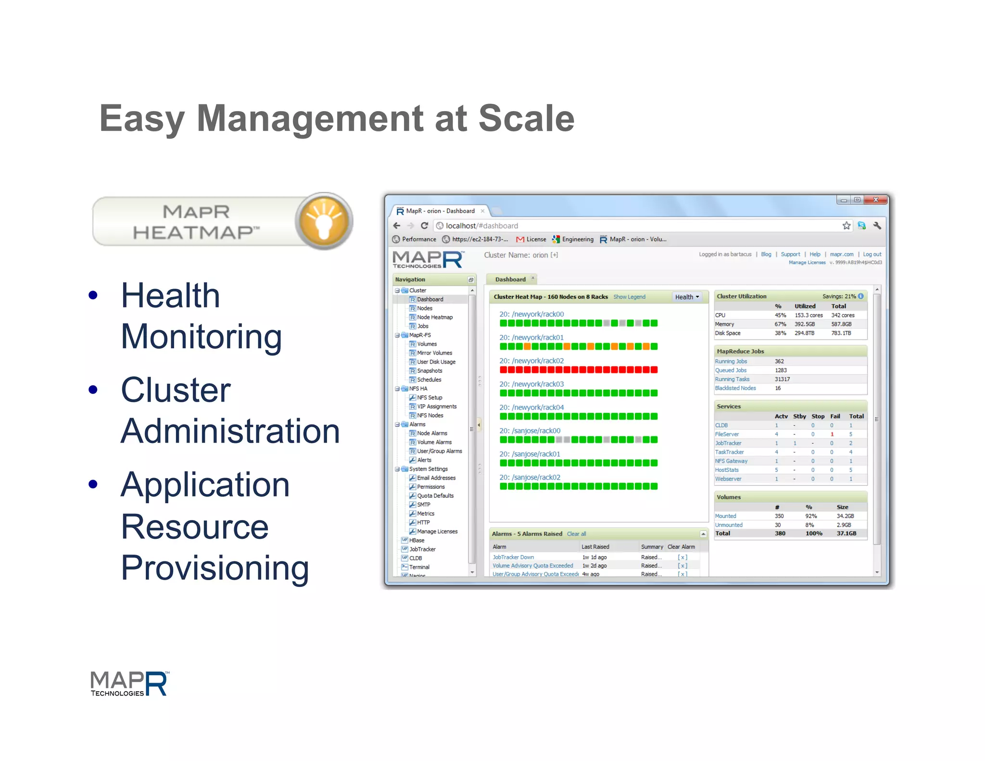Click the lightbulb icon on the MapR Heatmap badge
coord(324,221)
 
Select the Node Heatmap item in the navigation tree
coord(434,317)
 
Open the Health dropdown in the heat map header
coord(687,297)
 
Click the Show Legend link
coord(629,297)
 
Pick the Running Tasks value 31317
coord(782,379)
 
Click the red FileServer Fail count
coord(832,434)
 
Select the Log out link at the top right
coord(871,254)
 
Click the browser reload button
coord(424,226)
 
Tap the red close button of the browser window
coord(875,200)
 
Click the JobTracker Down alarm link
coord(513,557)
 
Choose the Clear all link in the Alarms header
coord(576,534)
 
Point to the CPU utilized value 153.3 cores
coord(808,315)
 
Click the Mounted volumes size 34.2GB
coord(845,516)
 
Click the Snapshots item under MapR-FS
coord(429,371)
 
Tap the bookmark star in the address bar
coord(846,226)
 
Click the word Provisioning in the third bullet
coord(215,568)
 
